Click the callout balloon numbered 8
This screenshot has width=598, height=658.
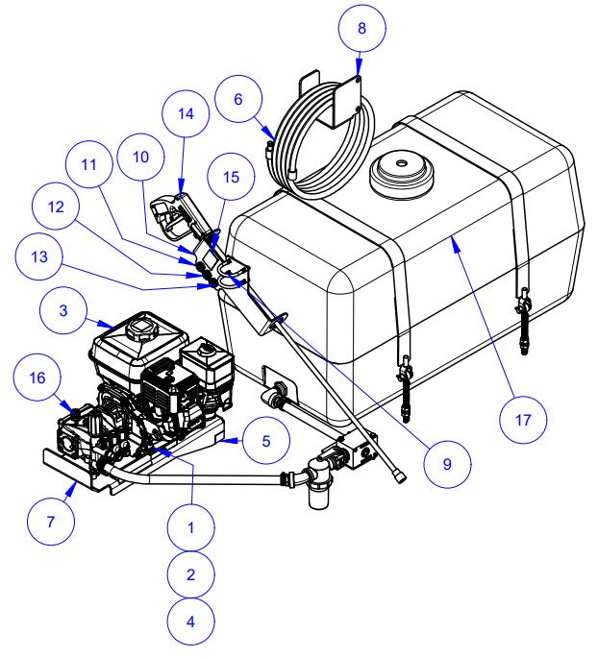pos(361,28)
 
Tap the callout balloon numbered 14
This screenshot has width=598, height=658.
pos(184,112)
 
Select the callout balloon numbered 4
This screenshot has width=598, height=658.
pos(190,621)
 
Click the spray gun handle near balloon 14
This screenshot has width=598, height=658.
pos(173,213)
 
